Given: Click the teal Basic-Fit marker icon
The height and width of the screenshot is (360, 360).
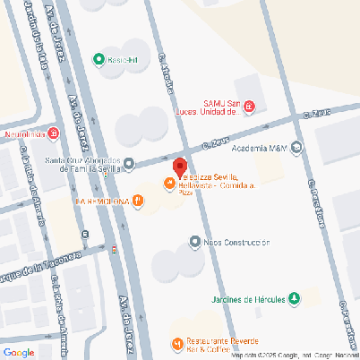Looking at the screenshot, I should tap(99, 60).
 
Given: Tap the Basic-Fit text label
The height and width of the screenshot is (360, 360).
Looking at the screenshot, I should tap(124, 60).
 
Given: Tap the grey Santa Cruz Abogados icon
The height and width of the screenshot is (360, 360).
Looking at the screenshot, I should tap(129, 163).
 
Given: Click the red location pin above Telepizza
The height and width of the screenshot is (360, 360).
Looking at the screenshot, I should tap(179, 166).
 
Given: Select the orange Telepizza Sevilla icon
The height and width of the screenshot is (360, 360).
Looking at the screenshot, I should tap(168, 184).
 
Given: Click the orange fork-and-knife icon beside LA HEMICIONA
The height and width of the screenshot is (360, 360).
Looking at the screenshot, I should tap(137, 201).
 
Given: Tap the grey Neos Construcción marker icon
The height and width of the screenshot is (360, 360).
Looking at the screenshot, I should tap(194, 242).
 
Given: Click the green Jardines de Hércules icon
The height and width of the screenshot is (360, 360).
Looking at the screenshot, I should tap(293, 298).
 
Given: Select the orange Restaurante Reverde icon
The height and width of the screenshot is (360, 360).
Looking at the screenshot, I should tap(176, 344).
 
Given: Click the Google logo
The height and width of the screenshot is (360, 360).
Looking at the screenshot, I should tap(19, 351).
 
